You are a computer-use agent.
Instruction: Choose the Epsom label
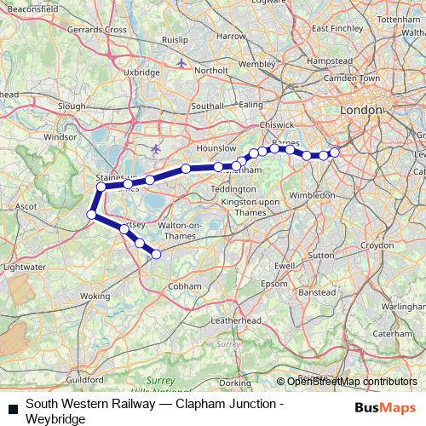(x=274, y=283)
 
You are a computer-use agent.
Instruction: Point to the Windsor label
(x=60, y=136)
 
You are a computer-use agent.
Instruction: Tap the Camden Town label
(x=358, y=78)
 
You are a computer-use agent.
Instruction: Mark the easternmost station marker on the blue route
(x=334, y=152)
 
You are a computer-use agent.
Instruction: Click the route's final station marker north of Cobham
(x=156, y=253)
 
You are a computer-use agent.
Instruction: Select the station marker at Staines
(x=101, y=187)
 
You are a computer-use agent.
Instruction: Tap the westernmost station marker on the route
(x=91, y=215)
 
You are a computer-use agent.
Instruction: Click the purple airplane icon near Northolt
(x=181, y=63)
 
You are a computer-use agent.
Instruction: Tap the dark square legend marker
(x=10, y=408)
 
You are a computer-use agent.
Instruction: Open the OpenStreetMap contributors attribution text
(x=352, y=381)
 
